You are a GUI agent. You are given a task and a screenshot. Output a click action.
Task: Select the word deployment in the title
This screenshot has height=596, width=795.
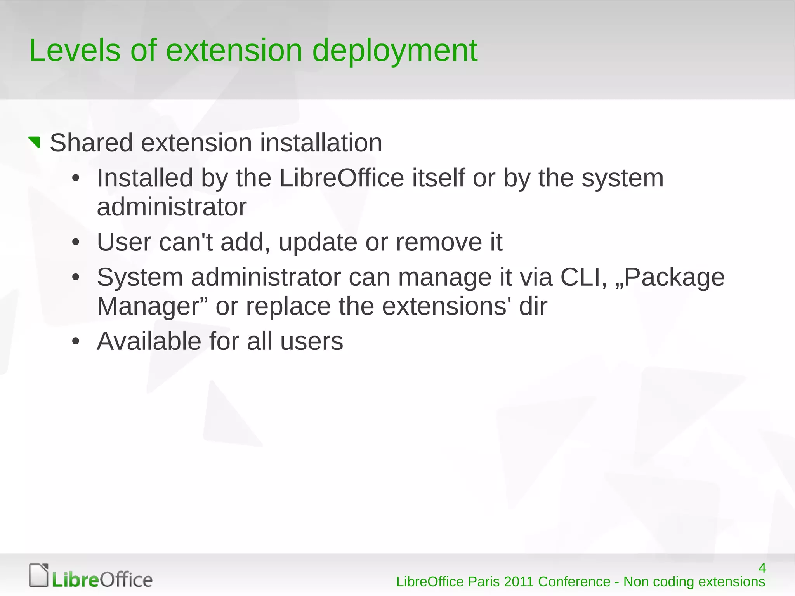tap(394, 51)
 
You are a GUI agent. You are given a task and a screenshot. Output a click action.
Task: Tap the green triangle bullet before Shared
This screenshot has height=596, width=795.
tap(35, 142)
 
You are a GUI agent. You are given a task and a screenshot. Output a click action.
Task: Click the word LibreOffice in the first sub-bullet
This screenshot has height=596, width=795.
tap(342, 178)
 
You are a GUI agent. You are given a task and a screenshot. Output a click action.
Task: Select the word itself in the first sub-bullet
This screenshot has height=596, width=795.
tap(438, 178)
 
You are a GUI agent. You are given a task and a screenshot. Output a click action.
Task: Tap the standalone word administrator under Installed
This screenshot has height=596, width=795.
tap(172, 207)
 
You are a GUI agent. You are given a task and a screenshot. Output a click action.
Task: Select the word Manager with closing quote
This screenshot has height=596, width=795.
tap(152, 307)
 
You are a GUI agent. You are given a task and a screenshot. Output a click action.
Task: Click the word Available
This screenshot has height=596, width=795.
tap(149, 341)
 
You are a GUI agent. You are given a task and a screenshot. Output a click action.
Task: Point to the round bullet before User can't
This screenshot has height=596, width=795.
tap(76, 243)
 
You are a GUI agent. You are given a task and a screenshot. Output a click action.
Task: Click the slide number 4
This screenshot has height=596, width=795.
tap(762, 568)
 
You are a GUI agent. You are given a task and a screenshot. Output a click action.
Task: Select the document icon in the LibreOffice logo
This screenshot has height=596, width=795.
tap(39, 575)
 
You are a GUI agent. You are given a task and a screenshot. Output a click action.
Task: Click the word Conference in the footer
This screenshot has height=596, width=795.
tap(574, 582)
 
